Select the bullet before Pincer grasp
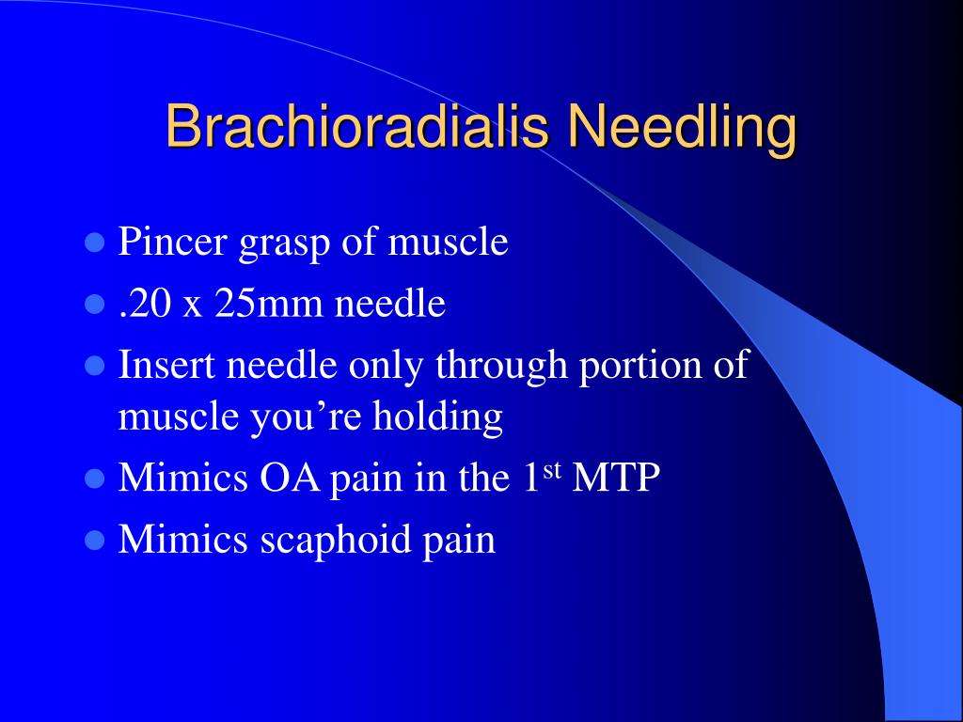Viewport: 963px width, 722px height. coord(95,243)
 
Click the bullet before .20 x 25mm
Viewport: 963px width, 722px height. coord(95,304)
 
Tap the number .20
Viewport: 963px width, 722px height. coord(145,304)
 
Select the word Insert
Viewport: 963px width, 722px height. coord(166,364)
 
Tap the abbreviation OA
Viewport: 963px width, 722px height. coord(290,477)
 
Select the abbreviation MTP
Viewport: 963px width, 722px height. coord(616,477)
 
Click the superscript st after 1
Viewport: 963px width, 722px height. coord(552,469)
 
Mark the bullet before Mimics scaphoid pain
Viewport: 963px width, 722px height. coord(95,541)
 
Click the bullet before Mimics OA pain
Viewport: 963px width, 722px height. coord(95,479)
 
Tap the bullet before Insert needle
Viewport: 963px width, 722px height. coord(95,366)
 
